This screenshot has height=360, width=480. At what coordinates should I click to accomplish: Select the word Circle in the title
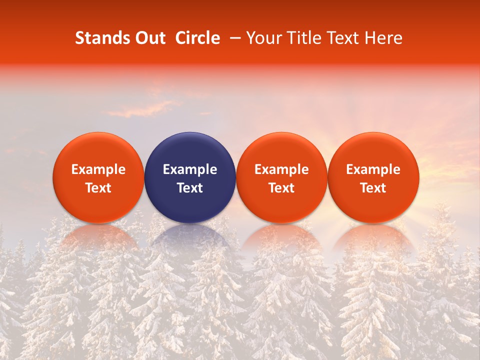197,38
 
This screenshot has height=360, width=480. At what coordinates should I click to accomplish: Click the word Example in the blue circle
190,169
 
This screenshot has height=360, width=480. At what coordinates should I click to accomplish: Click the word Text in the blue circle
190,188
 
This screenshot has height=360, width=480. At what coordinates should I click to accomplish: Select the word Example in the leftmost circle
98,169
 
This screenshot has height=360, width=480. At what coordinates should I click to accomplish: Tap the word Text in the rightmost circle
373,188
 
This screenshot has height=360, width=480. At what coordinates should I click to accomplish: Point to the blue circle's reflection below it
190,238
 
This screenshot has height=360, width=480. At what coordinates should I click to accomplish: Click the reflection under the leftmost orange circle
98,237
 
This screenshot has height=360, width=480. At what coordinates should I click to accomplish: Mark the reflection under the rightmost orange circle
373,237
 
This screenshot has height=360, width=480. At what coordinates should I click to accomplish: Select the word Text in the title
340,38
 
